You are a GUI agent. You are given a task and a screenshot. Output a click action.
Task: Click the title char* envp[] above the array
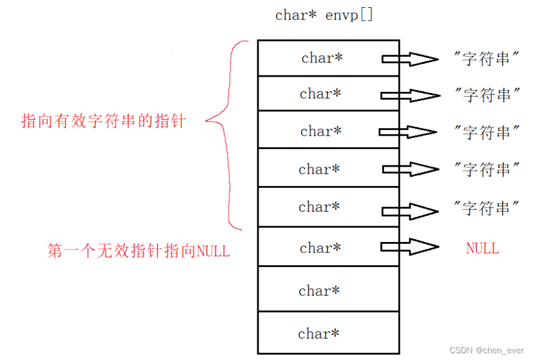(324, 15)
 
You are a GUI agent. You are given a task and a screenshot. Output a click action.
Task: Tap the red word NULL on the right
(482, 248)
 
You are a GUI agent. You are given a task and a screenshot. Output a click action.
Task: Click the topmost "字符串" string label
(487, 59)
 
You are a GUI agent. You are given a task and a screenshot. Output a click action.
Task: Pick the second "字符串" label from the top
(487, 95)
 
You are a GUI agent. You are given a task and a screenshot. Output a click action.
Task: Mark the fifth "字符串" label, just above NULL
(487, 209)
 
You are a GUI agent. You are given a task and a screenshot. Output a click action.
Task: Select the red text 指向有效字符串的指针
(103, 121)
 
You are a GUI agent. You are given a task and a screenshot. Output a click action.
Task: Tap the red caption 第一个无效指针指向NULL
(138, 251)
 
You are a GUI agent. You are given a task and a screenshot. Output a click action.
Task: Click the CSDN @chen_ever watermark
(487, 351)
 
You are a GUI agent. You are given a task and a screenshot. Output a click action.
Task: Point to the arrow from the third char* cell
(408, 132)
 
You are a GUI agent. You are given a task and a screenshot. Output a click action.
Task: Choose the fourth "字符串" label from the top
(487, 170)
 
